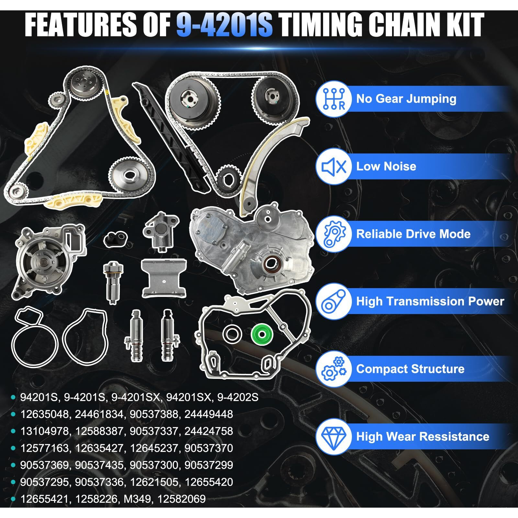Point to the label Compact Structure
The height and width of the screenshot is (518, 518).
pyautogui.click(x=410, y=369)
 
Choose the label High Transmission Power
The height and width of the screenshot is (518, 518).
pyautogui.click(x=430, y=301)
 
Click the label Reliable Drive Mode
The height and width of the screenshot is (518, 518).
pyautogui.click(x=413, y=234)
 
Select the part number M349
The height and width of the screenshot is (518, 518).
pyautogui.click(x=137, y=499)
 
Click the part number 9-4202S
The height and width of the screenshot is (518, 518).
pyautogui.click(x=238, y=397)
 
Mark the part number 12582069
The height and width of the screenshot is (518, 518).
pyautogui.click(x=181, y=499)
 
